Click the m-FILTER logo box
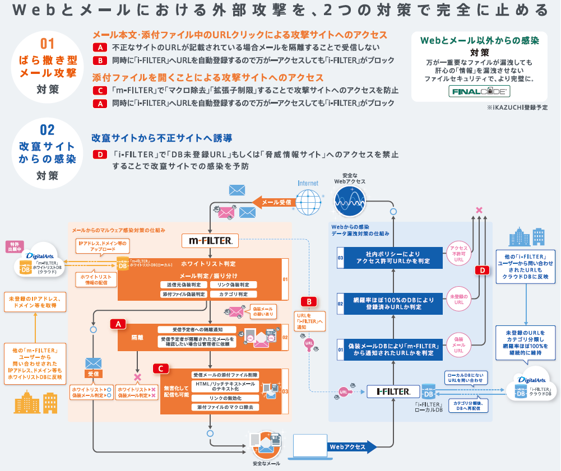(211, 241)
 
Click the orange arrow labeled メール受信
(273, 202)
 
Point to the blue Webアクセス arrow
(350, 446)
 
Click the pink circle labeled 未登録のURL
(458, 299)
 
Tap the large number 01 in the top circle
(48, 44)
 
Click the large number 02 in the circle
(48, 130)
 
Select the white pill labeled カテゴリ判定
(234, 294)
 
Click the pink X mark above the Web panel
(479, 211)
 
